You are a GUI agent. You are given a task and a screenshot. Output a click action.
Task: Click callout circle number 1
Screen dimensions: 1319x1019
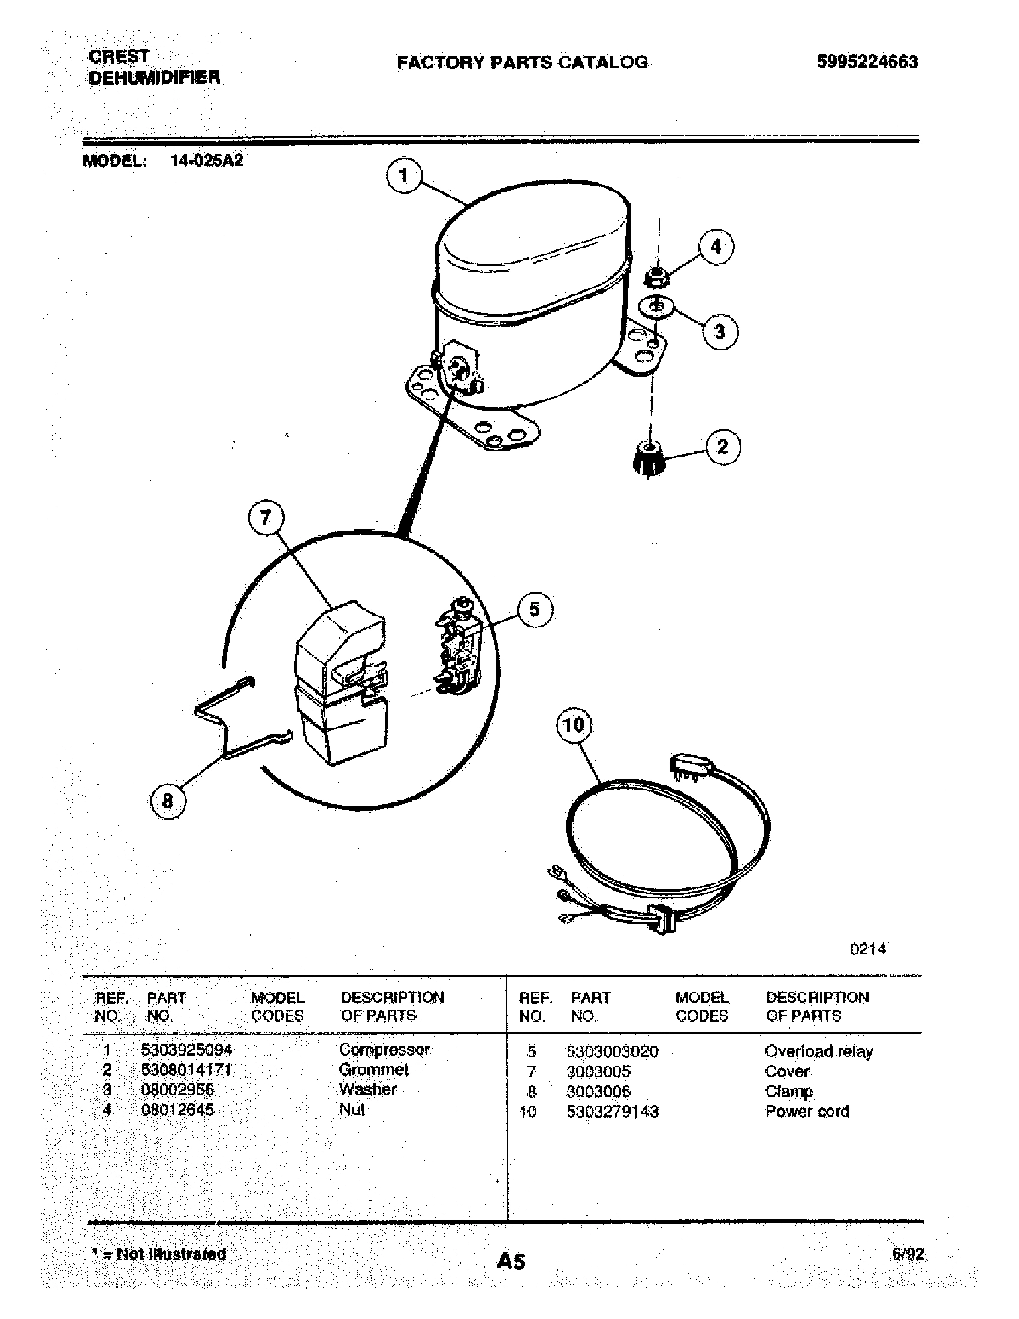pyautogui.click(x=404, y=176)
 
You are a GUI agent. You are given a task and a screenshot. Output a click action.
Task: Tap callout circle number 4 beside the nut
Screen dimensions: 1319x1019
pyautogui.click(x=716, y=246)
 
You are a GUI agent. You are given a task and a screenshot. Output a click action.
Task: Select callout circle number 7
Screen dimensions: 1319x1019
pyautogui.click(x=266, y=517)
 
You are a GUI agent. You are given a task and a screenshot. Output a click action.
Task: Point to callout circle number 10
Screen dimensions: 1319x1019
pyautogui.click(x=574, y=724)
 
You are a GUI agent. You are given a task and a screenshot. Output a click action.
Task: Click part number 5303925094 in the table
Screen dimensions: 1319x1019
pyautogui.click(x=186, y=1050)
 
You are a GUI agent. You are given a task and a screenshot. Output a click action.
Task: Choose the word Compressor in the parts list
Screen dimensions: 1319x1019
pyautogui.click(x=384, y=1050)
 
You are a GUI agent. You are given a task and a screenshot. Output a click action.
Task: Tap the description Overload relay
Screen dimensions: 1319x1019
pyautogui.click(x=818, y=1052)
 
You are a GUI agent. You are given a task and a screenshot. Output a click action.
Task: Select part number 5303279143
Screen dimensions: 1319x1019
pyautogui.click(x=612, y=1111)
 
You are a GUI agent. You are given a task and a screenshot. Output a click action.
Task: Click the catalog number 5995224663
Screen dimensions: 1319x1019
pyautogui.click(x=867, y=62)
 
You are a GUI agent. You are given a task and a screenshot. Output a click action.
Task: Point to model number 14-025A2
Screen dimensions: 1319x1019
pyautogui.click(x=207, y=161)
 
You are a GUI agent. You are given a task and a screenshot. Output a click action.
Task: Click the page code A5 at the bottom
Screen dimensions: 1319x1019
pyautogui.click(x=511, y=1261)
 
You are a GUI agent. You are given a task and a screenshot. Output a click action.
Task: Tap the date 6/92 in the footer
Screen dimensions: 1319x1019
pyautogui.click(x=908, y=1254)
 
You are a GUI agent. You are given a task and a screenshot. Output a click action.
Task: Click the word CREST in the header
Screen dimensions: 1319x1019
pyautogui.click(x=119, y=56)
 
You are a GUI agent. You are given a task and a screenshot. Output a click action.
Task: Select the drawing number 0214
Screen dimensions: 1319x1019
pyautogui.click(x=867, y=949)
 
